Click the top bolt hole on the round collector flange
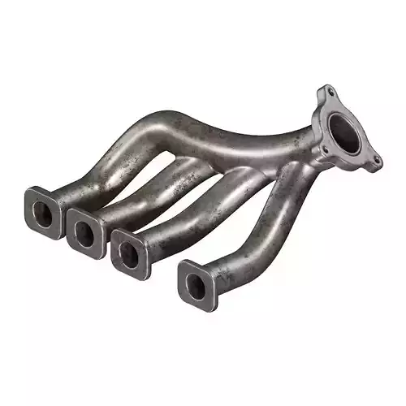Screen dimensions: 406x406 point(326,92)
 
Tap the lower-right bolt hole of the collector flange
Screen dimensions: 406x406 point(376,162)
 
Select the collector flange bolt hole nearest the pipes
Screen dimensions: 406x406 point(322,151)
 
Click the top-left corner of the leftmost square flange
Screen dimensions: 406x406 point(28,190)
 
